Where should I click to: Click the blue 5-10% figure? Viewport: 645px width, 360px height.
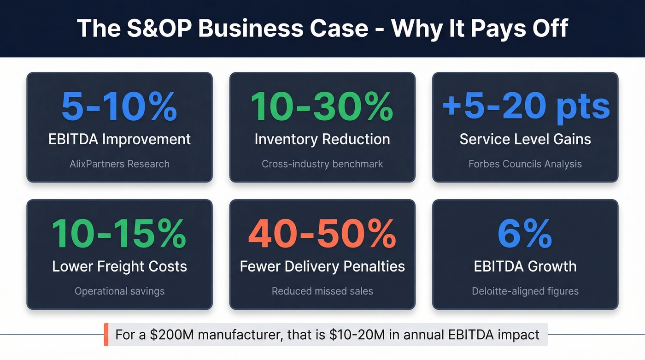[x=119, y=107]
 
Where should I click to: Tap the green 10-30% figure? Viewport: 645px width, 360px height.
[x=322, y=107]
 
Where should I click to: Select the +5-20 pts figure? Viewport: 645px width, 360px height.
[x=525, y=107]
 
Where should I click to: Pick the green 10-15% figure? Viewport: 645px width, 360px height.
[x=119, y=234]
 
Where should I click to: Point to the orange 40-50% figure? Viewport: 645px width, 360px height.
[x=322, y=234]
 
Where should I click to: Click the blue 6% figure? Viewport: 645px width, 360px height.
[x=525, y=234]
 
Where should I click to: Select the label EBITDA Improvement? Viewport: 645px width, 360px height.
[x=119, y=139]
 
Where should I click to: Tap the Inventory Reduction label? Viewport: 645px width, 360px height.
[x=322, y=139]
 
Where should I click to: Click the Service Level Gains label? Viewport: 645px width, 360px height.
[x=525, y=139]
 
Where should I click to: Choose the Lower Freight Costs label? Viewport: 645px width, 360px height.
[x=119, y=266]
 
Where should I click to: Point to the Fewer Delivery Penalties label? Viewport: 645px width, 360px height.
[x=322, y=266]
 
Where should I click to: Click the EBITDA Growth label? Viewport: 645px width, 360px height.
[x=525, y=266]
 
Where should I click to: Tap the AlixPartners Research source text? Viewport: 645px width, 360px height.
[x=119, y=164]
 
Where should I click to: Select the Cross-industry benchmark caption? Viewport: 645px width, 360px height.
[x=322, y=164]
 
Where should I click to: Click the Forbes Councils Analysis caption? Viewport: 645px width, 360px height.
[x=525, y=164]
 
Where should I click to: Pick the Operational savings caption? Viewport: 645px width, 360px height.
[x=119, y=291]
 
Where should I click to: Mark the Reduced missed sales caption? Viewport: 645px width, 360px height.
[x=322, y=291]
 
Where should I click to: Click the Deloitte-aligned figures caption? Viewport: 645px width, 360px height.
[x=525, y=291]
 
